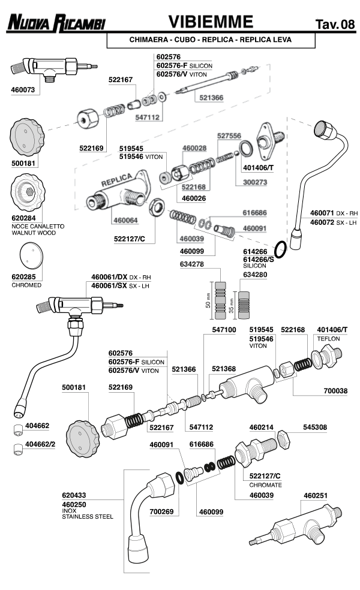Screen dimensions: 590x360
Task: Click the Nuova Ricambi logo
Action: (56, 23)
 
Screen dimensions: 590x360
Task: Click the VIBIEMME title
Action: (210, 22)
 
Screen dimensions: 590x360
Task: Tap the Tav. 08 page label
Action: (334, 25)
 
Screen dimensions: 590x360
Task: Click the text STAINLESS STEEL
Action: (87, 515)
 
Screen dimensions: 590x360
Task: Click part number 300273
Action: (256, 182)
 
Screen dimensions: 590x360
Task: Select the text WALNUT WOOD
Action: (34, 232)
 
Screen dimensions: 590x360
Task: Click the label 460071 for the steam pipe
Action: (322, 213)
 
